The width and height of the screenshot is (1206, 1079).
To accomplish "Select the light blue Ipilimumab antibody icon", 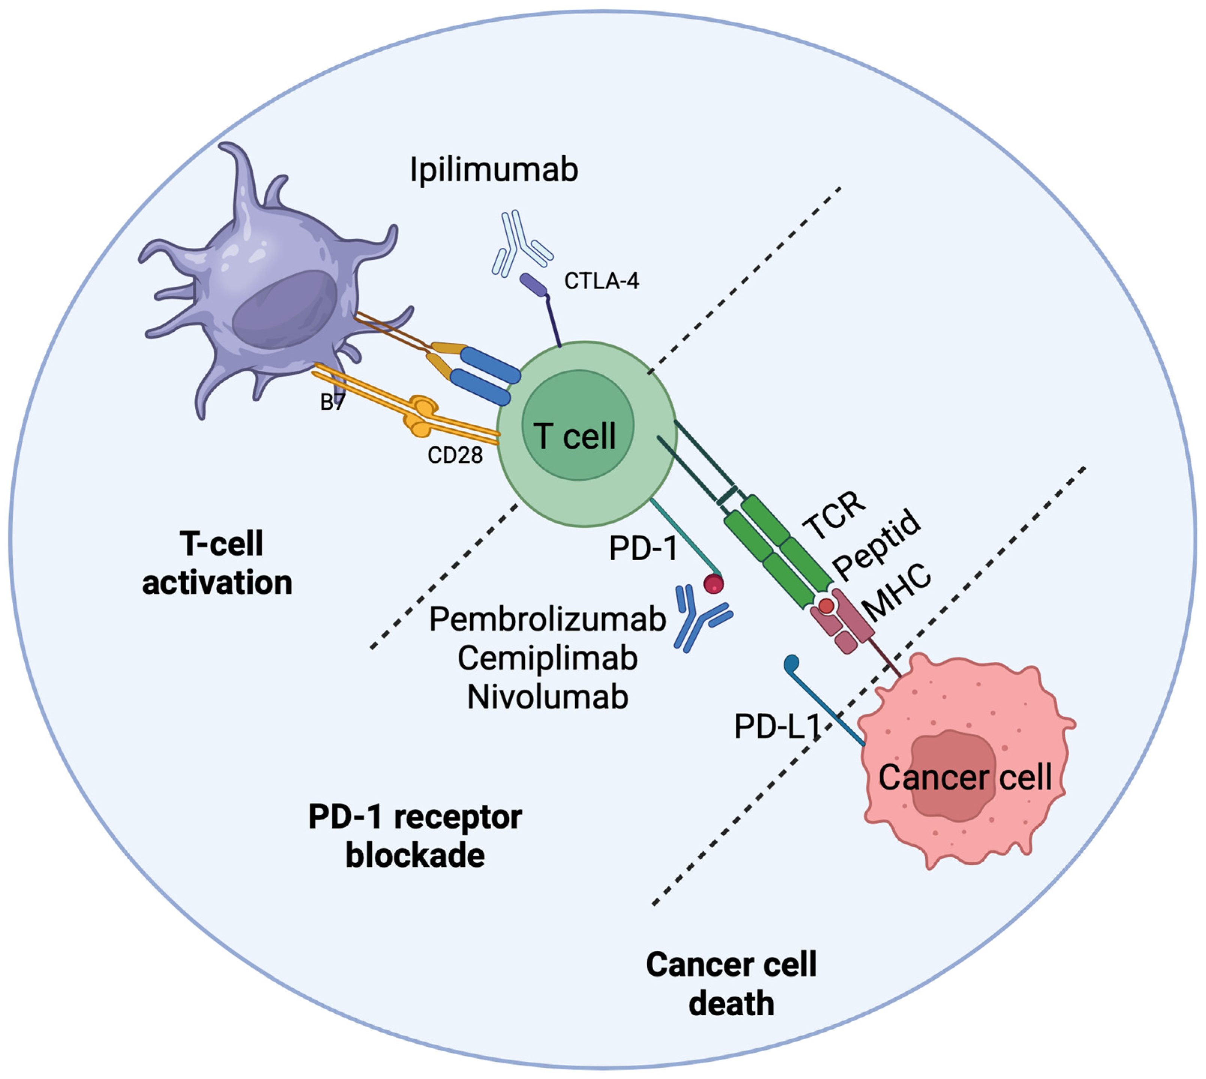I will [521, 243].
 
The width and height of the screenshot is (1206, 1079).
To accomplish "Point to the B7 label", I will [332, 403].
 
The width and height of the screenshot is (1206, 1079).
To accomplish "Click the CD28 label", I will [455, 455].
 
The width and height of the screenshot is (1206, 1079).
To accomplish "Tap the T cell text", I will [575, 436].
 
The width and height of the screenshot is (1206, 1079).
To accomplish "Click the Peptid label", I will [876, 544].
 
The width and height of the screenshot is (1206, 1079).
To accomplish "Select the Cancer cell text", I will [965, 777].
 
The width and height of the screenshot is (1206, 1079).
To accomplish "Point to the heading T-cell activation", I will [218, 563].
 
